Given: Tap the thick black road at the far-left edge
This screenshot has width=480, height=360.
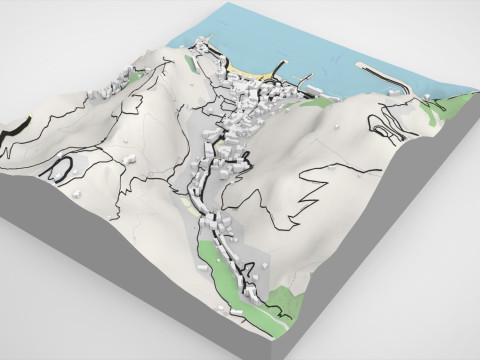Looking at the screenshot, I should point(17,128).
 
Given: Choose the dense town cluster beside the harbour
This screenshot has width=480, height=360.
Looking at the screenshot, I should point(250,105).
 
